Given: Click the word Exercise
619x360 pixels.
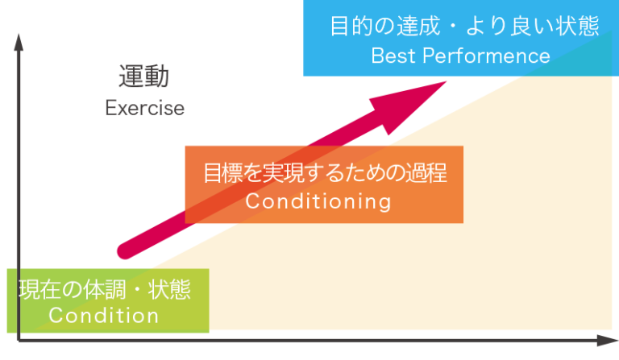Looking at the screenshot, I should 144,108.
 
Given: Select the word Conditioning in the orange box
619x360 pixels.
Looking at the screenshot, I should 318,201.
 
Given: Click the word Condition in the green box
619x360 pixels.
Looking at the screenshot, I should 104,316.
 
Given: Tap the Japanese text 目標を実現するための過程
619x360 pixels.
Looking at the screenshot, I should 325,173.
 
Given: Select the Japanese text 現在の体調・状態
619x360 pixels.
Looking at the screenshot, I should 105,288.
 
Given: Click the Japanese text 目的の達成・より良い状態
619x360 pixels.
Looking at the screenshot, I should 465,27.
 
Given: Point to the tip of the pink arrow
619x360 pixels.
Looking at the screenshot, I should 445,81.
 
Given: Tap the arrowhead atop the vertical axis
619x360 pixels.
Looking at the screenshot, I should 17,40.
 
